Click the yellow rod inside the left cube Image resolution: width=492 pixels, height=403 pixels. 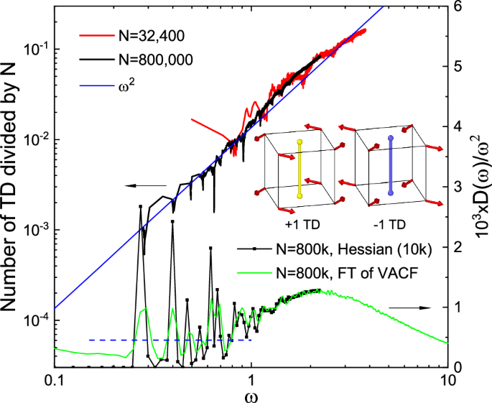297,169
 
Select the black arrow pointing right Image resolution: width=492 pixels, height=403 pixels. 409,307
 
